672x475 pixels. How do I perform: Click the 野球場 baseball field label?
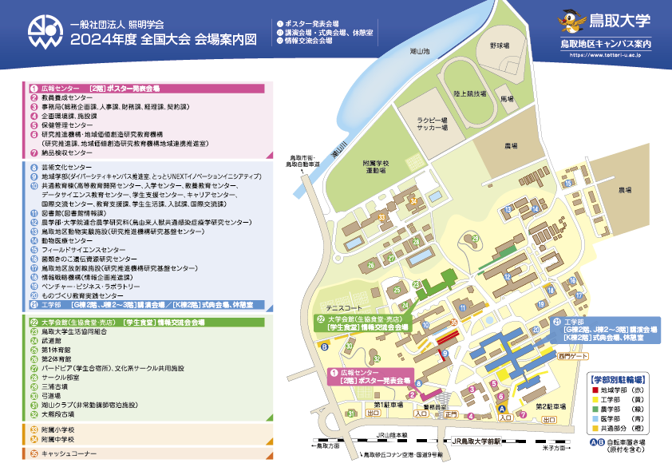coord(500,46)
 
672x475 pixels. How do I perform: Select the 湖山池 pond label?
coord(421,51)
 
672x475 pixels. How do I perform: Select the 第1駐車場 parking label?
coord(389,406)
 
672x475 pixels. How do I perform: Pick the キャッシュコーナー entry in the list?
coord(65,453)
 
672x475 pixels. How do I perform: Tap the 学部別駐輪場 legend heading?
coord(618,378)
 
